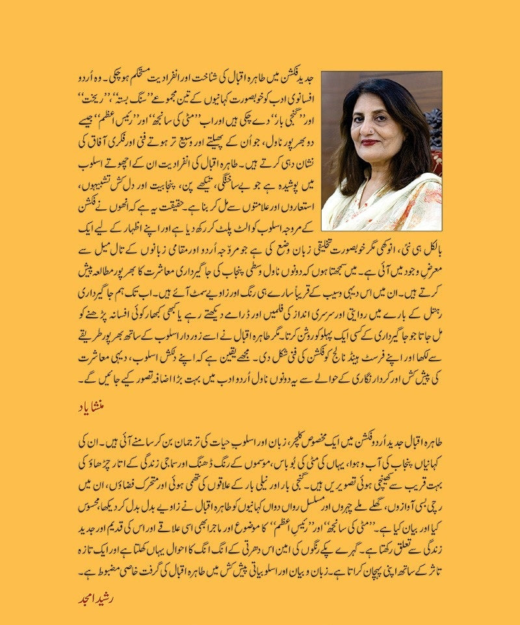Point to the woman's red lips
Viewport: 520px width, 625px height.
pyautogui.click(x=370, y=142)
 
